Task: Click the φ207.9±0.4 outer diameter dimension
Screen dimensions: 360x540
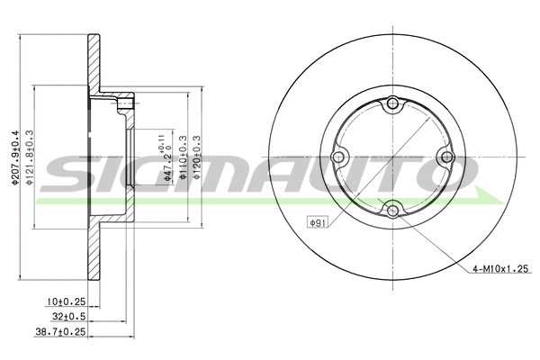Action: [x=14, y=157]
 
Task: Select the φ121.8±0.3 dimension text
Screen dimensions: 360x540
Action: [x=30, y=157]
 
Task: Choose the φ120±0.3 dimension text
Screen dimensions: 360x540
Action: [x=195, y=157]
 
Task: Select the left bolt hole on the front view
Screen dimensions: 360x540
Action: [x=338, y=159]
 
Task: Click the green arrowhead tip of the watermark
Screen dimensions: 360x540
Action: [x=500, y=197]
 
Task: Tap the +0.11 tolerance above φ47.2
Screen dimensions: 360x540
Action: [x=162, y=140]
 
